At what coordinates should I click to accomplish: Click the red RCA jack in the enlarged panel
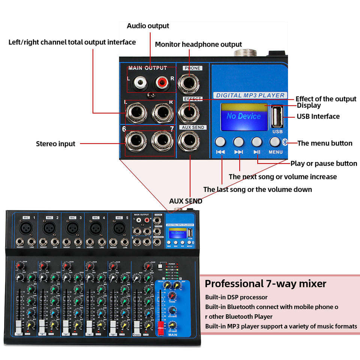[x=161, y=80]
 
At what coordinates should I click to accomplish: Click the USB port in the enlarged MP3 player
[x=277, y=117]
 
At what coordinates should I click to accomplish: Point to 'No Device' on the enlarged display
[x=244, y=116]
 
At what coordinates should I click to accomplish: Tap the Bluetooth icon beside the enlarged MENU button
[x=284, y=142]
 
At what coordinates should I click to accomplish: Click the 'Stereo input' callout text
[x=55, y=144]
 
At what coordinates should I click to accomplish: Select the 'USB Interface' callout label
[x=318, y=116]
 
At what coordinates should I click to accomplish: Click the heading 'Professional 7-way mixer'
[x=265, y=283]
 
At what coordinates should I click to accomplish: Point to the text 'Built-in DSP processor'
[x=236, y=297]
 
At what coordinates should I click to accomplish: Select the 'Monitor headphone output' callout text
[x=198, y=44]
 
